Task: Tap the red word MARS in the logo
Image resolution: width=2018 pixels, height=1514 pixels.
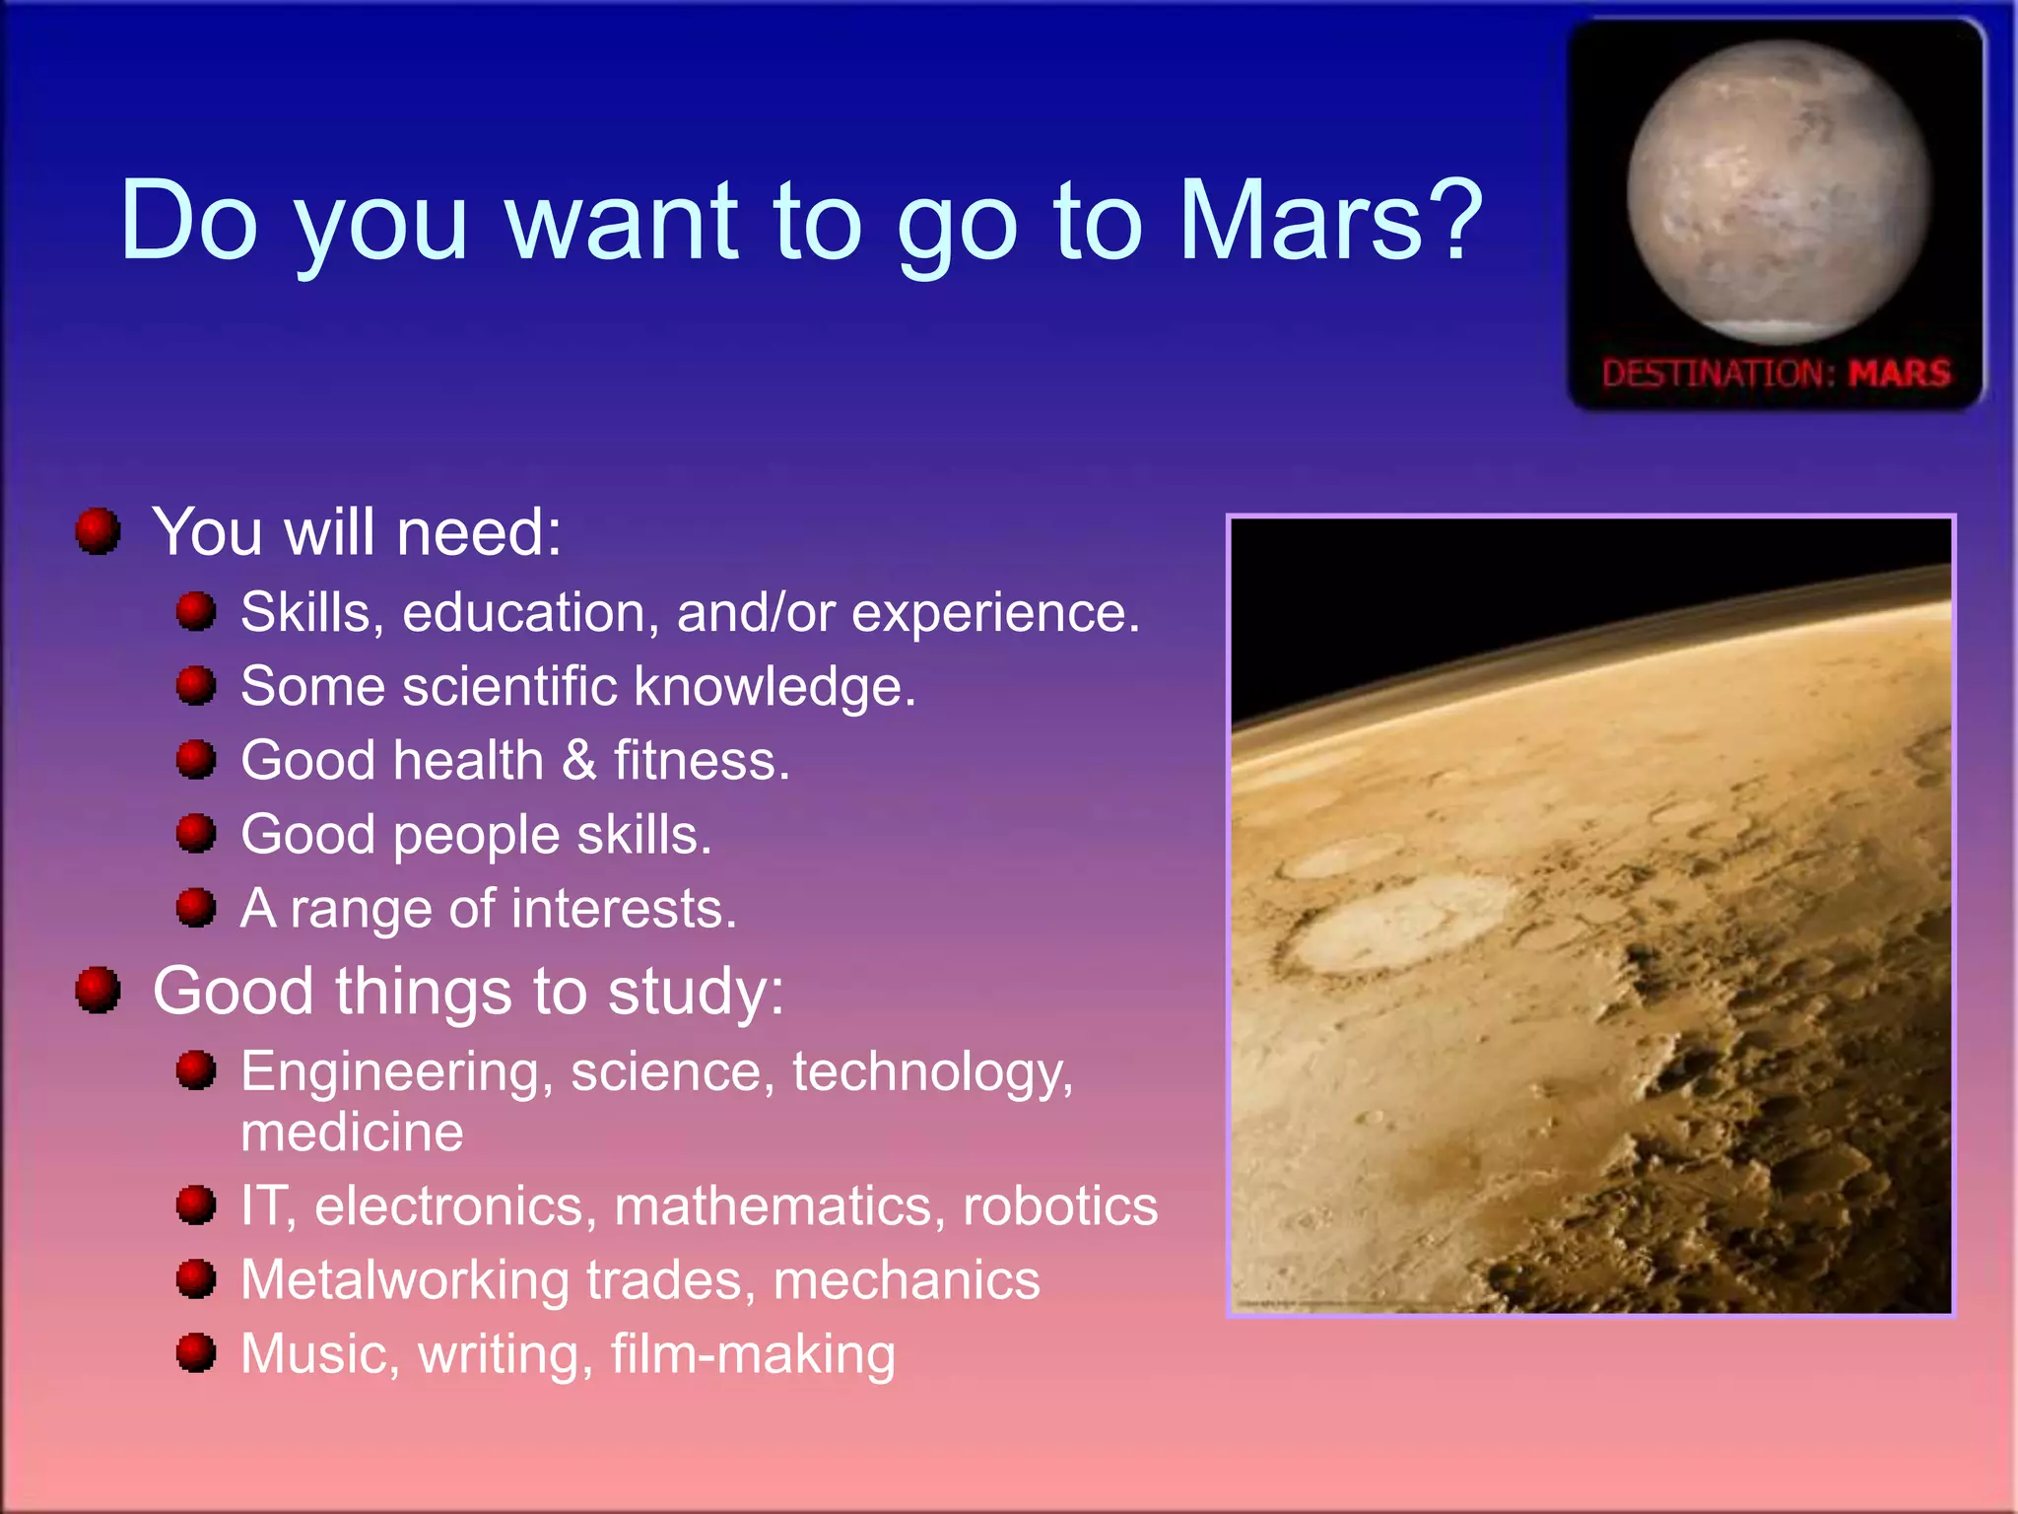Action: (1899, 374)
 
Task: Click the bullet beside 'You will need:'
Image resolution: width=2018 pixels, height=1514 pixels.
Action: (98, 531)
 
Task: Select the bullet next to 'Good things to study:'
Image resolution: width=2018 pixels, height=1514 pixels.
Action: (98, 990)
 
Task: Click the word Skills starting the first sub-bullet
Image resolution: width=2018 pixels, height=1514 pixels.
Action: (305, 612)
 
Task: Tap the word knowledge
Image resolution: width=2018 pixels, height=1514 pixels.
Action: (774, 686)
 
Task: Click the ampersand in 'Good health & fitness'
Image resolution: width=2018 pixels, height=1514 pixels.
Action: (579, 761)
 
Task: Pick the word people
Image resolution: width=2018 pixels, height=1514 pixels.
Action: (476, 836)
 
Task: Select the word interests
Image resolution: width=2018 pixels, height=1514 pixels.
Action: (624, 909)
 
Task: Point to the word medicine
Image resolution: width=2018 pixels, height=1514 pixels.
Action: (352, 1132)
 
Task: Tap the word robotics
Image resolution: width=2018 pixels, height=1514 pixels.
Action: (1060, 1205)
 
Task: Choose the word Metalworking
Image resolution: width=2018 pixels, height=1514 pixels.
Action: (405, 1279)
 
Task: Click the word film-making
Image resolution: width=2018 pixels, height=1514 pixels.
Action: (753, 1354)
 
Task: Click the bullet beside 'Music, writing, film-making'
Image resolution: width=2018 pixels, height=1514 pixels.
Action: (196, 1352)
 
